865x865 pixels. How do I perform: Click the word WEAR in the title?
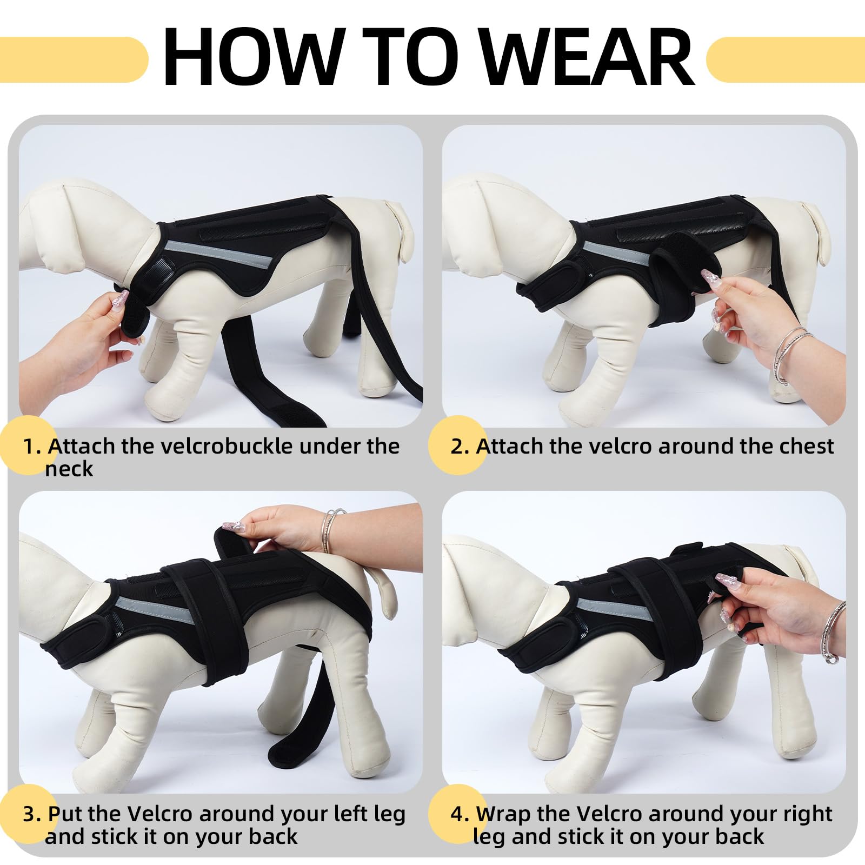pos(587,57)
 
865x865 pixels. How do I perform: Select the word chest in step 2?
pos(806,446)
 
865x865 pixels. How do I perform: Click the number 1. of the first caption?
pos(32,447)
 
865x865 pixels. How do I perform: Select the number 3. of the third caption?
pos(32,814)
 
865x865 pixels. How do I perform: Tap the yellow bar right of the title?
pos(786,59)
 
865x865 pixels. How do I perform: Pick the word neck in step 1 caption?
pos(69,469)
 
